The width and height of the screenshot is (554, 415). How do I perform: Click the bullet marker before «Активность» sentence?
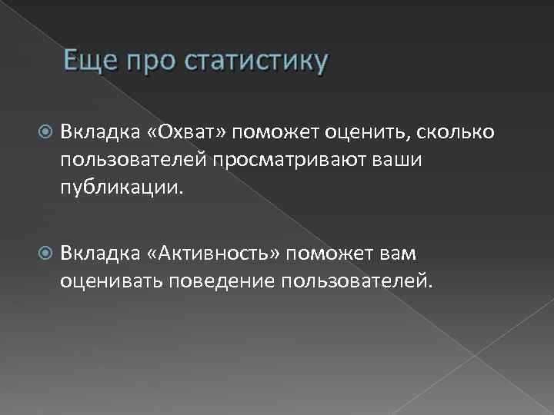coord(45,254)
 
